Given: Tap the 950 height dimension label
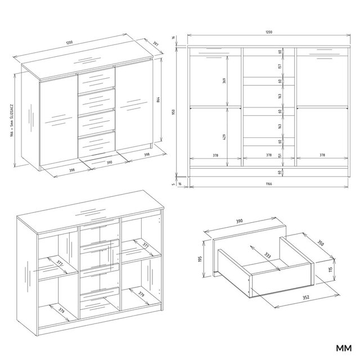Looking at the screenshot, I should [181, 111].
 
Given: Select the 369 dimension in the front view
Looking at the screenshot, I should [225, 81].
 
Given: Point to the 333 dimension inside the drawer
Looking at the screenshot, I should [267, 256].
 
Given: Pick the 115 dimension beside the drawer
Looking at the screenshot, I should [333, 270].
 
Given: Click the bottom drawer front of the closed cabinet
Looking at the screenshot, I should [96, 144].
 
